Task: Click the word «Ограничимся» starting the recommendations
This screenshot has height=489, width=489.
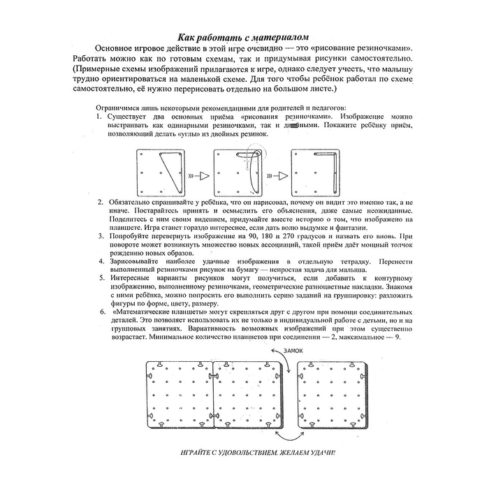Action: (x=121, y=110)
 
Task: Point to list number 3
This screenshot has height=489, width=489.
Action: (x=101, y=235)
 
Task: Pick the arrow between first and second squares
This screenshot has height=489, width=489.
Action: (x=200, y=175)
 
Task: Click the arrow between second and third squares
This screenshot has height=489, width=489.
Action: (x=277, y=175)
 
